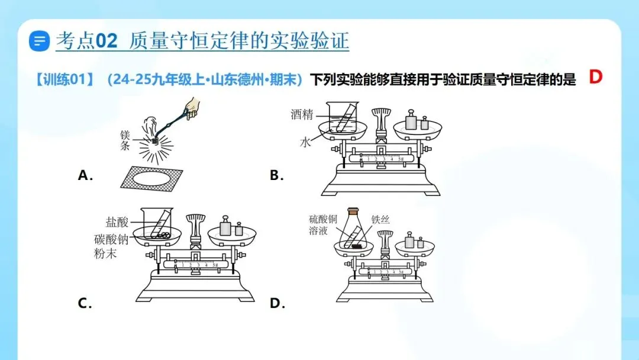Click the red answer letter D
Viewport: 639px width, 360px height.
(595, 76)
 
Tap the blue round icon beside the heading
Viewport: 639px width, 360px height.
(39, 41)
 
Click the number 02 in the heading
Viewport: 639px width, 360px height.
(106, 41)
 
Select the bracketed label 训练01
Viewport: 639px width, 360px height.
(64, 79)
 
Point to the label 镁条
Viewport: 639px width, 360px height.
(125, 140)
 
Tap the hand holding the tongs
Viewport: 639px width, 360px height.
(191, 107)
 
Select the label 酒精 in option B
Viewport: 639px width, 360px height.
(302, 114)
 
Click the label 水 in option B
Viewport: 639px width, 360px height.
(305, 142)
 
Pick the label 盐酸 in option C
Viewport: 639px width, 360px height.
(117, 222)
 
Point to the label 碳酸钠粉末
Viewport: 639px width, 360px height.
(111, 246)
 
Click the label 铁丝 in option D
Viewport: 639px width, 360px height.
(380, 220)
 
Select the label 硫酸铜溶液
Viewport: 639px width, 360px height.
(323, 225)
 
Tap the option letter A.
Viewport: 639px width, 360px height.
(85, 175)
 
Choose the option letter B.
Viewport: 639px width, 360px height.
(277, 175)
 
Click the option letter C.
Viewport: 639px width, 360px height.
(85, 303)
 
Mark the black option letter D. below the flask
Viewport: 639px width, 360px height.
(277, 303)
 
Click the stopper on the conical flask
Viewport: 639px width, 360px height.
(353, 211)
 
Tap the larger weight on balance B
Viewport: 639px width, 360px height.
(411, 120)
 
